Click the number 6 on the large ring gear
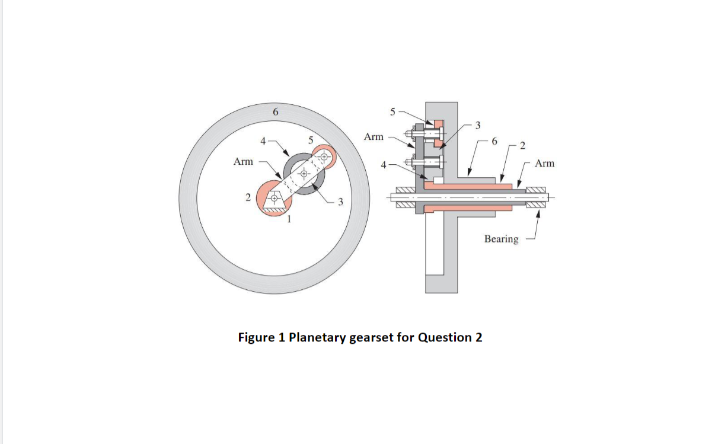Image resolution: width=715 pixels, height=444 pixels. [274, 112]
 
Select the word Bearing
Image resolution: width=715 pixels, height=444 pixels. [501, 239]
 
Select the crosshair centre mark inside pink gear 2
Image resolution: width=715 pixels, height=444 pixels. [274, 198]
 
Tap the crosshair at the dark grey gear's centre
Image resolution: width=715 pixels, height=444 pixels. [304, 174]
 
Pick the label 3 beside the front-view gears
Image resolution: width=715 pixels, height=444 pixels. [340, 203]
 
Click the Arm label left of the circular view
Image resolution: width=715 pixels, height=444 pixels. [243, 161]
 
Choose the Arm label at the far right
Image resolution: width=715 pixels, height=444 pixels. [544, 163]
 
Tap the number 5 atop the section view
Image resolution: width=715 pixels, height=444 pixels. [391, 111]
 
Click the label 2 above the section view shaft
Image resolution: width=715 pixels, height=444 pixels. [522, 145]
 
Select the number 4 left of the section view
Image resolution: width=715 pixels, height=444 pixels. [384, 165]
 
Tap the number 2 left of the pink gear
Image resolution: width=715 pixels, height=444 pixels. [248, 196]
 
